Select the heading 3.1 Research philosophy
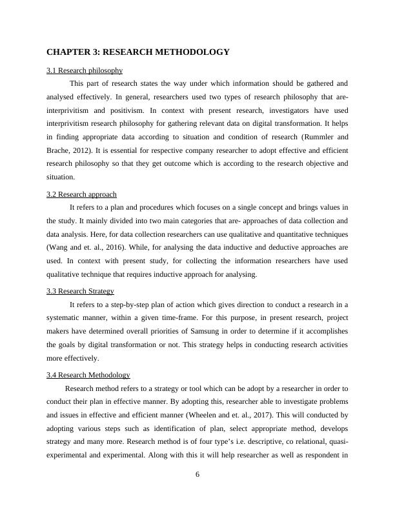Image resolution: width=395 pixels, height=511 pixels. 85,70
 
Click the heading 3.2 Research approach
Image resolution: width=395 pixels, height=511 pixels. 81,194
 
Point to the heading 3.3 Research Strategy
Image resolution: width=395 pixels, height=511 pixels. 80,291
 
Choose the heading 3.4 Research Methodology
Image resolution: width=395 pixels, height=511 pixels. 88,375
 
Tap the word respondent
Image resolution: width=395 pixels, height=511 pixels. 321,456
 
